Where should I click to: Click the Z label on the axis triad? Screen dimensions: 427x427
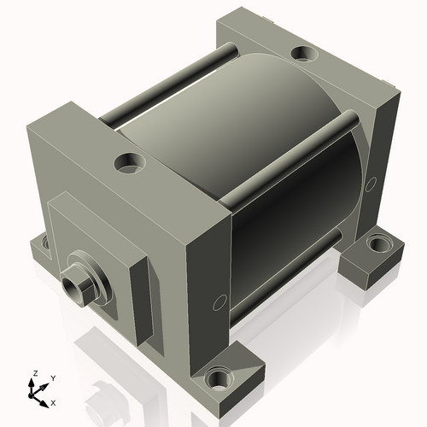click(x=35, y=373)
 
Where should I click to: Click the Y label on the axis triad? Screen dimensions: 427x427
click(x=53, y=378)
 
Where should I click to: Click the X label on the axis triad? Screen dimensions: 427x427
click(x=53, y=403)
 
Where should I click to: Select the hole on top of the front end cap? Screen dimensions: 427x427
click(x=130, y=163)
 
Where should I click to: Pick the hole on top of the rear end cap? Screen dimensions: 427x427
click(x=304, y=53)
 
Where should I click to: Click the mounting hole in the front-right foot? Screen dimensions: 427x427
click(x=219, y=379)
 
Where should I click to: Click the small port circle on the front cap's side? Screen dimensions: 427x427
click(x=219, y=303)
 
